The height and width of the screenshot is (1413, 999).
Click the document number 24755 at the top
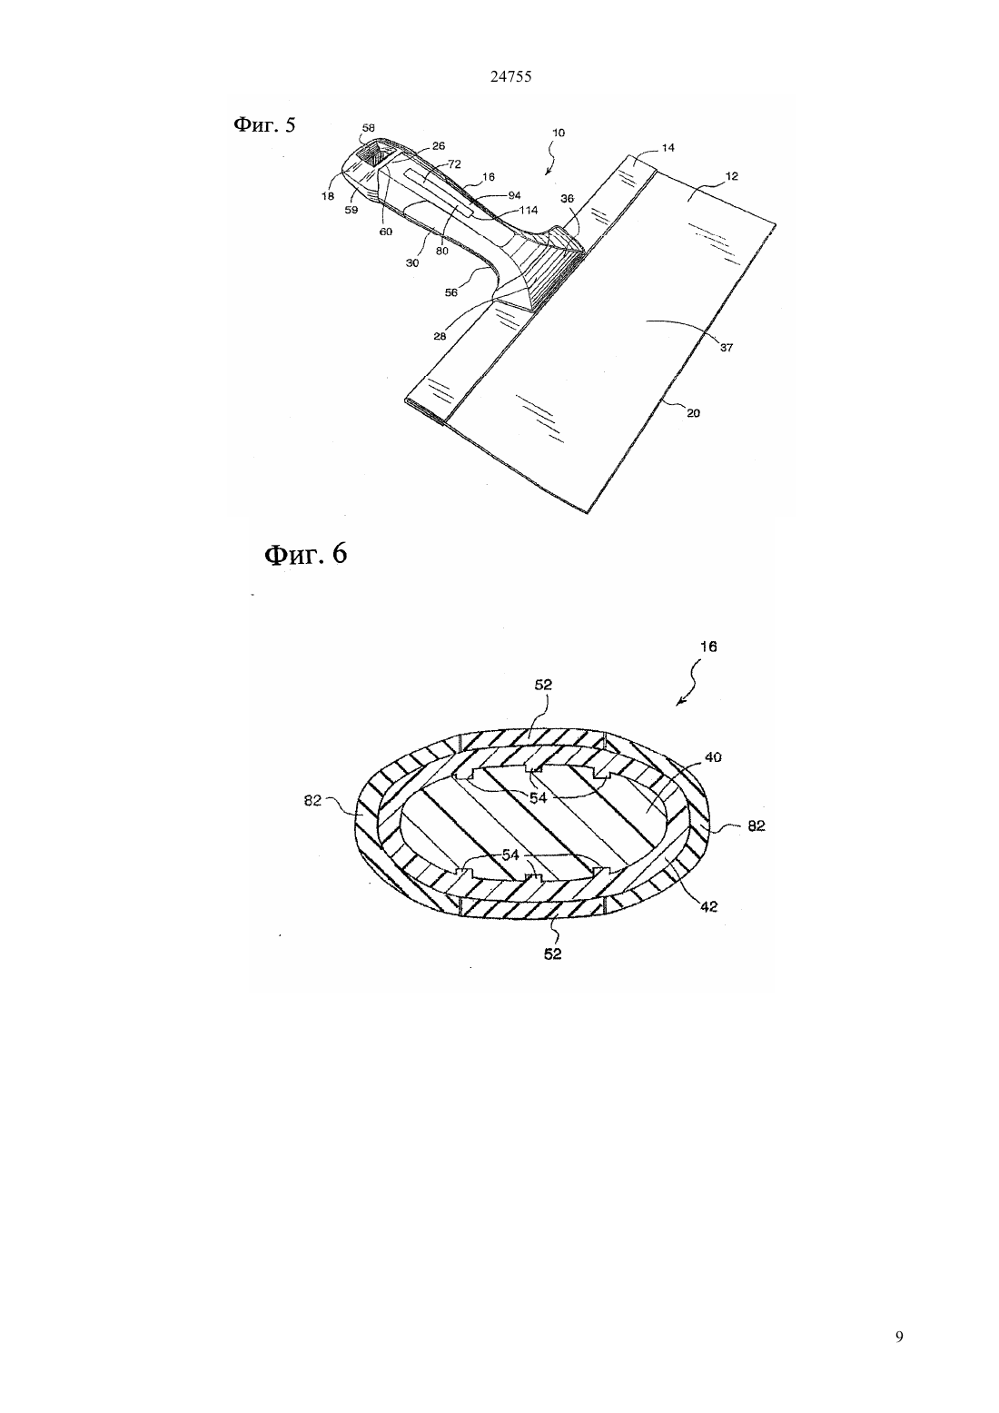[x=510, y=77]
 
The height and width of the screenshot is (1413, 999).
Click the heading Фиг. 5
[x=264, y=125]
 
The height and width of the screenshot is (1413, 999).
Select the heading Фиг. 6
[x=306, y=555]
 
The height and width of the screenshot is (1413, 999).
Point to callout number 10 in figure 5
[x=559, y=133]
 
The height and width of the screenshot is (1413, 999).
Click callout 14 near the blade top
[x=668, y=148]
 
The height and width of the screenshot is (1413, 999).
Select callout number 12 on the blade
[x=732, y=176]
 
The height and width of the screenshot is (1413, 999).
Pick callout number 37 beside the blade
[x=727, y=348]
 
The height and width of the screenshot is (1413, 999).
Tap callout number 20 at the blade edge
[x=693, y=413]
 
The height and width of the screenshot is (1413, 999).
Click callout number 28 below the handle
[x=440, y=336]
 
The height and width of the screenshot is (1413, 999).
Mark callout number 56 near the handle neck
[x=451, y=292]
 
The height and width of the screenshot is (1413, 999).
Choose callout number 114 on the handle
[x=528, y=210]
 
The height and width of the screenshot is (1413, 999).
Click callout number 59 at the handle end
[x=351, y=210]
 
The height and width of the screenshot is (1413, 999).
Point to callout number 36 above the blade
[x=567, y=198]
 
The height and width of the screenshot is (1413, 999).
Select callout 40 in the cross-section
[x=713, y=757]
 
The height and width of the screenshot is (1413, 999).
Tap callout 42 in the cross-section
[x=709, y=906]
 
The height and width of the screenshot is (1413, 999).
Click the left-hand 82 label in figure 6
[x=312, y=801]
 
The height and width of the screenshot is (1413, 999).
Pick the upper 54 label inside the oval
[x=538, y=798]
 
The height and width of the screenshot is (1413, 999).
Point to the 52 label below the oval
[x=552, y=954]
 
